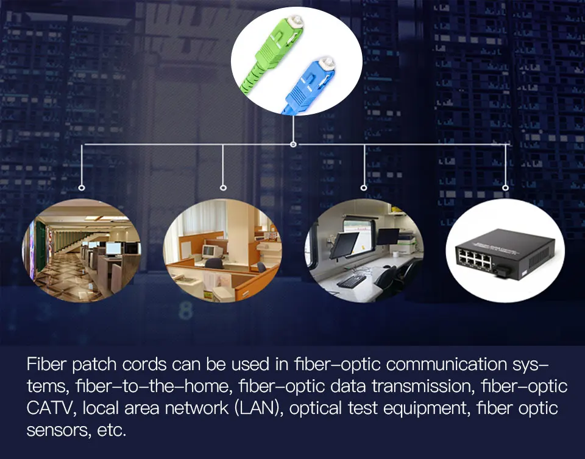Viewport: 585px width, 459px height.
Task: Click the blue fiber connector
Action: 319,85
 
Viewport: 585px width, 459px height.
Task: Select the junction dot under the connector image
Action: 293,144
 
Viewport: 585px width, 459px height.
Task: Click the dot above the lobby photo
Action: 82,187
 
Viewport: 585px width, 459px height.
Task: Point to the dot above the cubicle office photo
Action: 223,187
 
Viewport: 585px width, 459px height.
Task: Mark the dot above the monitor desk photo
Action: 364,187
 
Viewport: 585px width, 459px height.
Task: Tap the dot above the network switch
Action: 505,187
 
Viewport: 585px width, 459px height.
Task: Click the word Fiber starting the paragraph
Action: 46,365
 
